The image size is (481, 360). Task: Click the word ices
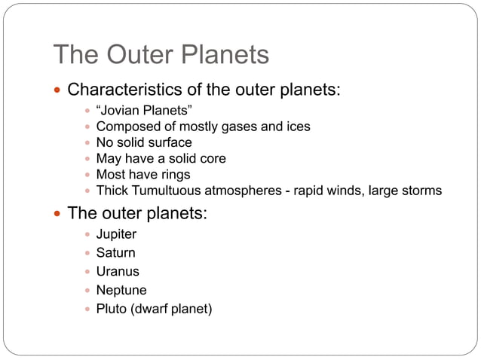(x=297, y=127)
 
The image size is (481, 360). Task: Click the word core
(x=211, y=158)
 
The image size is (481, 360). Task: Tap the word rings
(x=173, y=175)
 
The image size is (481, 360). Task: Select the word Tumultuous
(x=170, y=191)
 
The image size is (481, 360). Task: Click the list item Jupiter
(x=116, y=234)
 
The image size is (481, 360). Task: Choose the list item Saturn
(x=115, y=253)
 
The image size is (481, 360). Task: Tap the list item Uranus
(x=117, y=271)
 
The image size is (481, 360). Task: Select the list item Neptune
(x=121, y=290)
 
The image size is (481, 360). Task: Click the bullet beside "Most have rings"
(x=87, y=175)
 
